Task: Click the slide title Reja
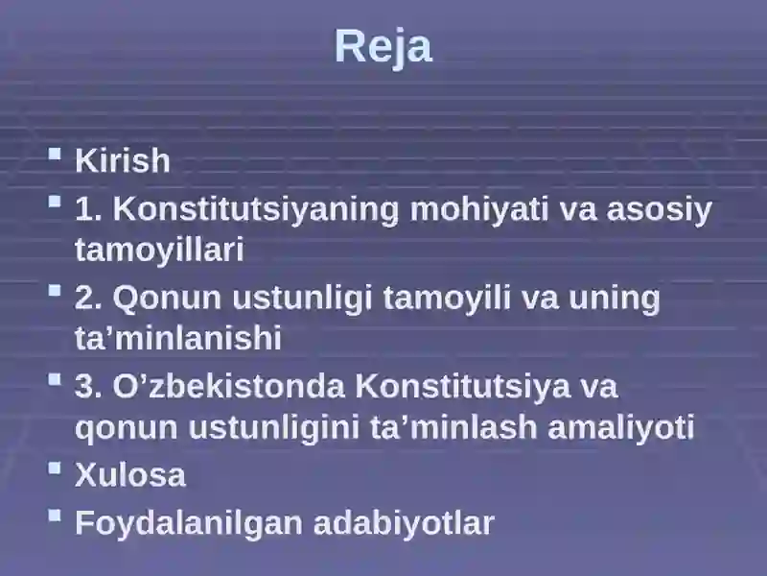click(x=383, y=47)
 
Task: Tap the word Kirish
click(x=123, y=160)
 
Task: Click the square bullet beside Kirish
click(x=55, y=155)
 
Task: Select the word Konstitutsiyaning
click(x=256, y=209)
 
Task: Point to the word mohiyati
click(x=479, y=209)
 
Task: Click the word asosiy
click(x=659, y=209)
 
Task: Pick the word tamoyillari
click(x=159, y=250)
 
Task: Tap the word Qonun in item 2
click(x=167, y=299)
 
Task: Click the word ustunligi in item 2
click(x=302, y=299)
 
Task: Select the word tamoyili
click(x=447, y=299)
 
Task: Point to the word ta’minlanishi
click(x=178, y=338)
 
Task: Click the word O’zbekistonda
click(x=229, y=387)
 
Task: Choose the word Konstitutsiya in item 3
click(x=462, y=387)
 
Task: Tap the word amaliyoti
click(x=620, y=427)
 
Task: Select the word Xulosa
click(x=130, y=474)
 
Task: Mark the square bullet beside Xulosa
click(x=55, y=468)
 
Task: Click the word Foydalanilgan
click(x=189, y=523)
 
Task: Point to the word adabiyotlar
click(x=404, y=523)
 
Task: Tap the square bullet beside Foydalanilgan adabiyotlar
click(x=55, y=516)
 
